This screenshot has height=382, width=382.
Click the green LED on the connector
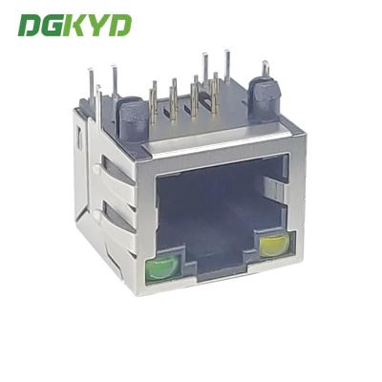(161, 268)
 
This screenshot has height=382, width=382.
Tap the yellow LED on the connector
(274, 244)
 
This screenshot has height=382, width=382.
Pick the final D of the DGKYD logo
(119, 25)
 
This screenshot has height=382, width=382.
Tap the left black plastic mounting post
(132, 118)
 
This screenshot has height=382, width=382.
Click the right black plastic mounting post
(264, 99)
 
